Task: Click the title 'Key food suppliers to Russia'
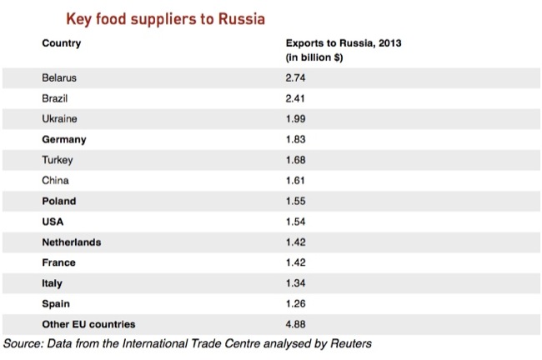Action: [x=165, y=18]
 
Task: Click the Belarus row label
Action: [x=59, y=77]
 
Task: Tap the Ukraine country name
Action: [x=60, y=118]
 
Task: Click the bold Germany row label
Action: [x=63, y=139]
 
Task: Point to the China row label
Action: [x=55, y=180]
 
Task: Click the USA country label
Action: [x=53, y=222]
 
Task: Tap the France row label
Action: [x=58, y=262]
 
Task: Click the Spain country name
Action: [x=56, y=303]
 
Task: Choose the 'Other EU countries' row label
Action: [x=88, y=324]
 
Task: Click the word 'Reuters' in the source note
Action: [x=348, y=342]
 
